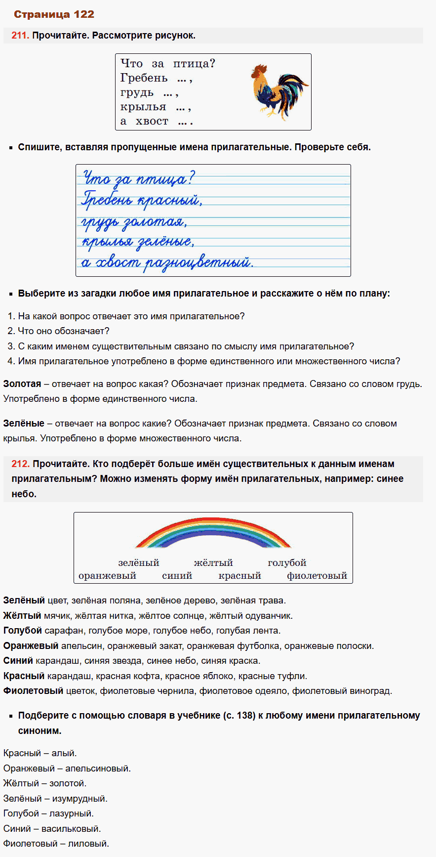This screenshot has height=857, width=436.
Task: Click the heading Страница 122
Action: click(x=54, y=14)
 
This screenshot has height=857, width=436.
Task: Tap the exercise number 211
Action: click(x=20, y=36)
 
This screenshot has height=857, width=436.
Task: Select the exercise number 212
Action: click(x=20, y=464)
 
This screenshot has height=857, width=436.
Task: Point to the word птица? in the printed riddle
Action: click(x=194, y=64)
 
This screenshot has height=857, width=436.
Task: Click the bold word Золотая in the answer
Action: click(x=22, y=384)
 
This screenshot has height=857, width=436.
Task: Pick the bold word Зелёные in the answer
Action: click(x=24, y=424)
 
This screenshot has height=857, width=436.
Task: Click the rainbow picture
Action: click(x=213, y=533)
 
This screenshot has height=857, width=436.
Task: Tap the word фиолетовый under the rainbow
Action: click(x=317, y=576)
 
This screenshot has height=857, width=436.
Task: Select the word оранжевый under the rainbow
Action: click(x=107, y=576)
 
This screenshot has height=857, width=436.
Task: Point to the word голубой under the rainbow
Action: click(x=287, y=563)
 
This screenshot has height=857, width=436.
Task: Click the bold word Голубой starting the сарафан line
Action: click(x=22, y=631)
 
